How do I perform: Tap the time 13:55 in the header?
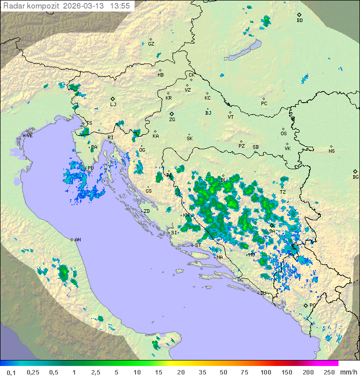pyautogui.click(x=120, y=6)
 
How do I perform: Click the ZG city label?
pyautogui.click(x=172, y=120)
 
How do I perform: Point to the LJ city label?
pyautogui.click(x=113, y=105)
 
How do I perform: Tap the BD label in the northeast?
pyautogui.click(x=299, y=21)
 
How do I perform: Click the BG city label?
pyautogui.click(x=355, y=177)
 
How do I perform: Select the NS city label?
pyautogui.click(x=331, y=151)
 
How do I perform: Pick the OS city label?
pyautogui.click(x=283, y=134)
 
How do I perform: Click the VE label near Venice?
pyautogui.click(x=29, y=136)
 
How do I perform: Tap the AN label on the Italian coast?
pyautogui.click(x=77, y=240)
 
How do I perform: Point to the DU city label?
pyautogui.click(x=263, y=293)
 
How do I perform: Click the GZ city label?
pyautogui.click(x=151, y=44)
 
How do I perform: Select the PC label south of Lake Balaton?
pyautogui.click(x=264, y=104)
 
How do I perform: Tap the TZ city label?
pyautogui.click(x=282, y=192)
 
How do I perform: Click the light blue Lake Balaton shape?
pyautogui.click(x=242, y=51)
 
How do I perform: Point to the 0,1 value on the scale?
pyautogui.click(x=11, y=372)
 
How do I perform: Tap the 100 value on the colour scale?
pyautogui.click(x=265, y=372)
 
